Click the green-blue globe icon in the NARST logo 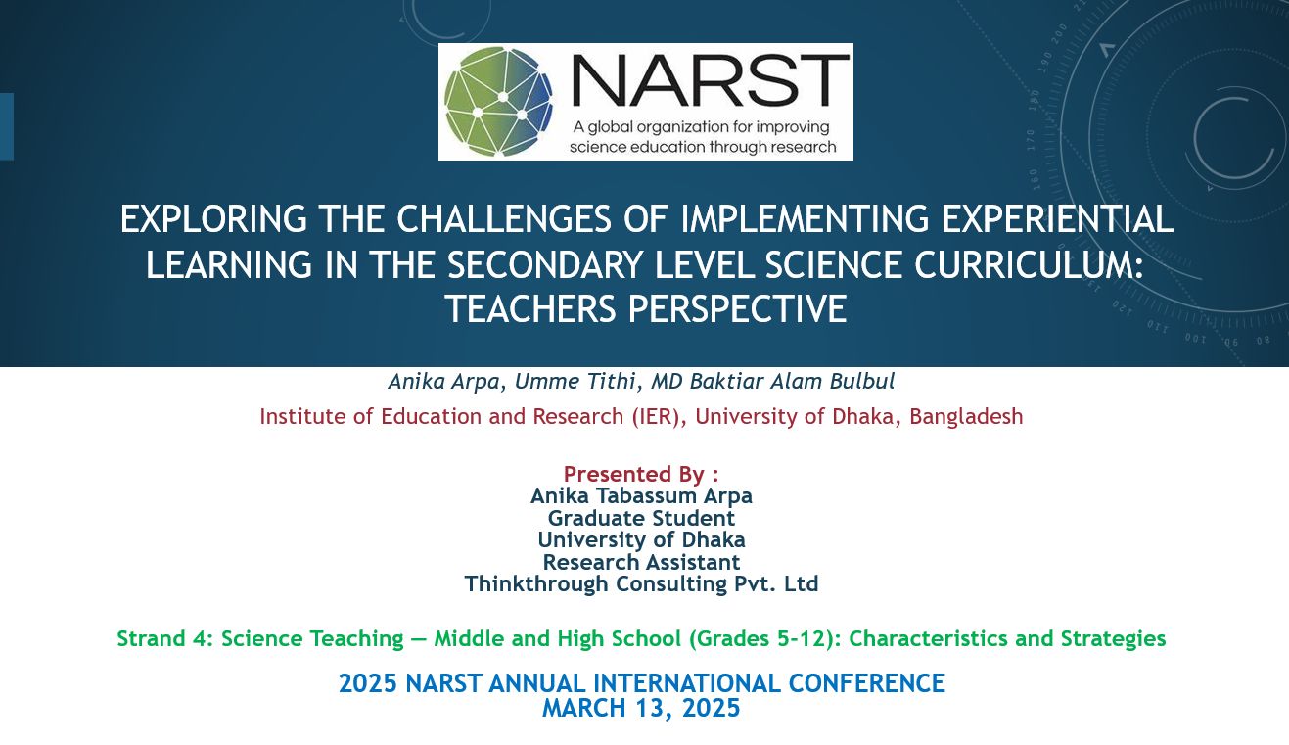point(498,102)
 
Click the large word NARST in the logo point(711,80)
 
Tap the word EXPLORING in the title point(213,219)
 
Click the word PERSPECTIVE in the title point(737,308)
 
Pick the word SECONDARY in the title point(545,265)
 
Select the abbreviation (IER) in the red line point(656,416)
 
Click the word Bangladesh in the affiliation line point(966,416)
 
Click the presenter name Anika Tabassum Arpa point(641,495)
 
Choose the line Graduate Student point(641,518)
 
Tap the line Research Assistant point(641,561)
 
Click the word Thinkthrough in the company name point(535,583)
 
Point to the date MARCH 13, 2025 point(641,708)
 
